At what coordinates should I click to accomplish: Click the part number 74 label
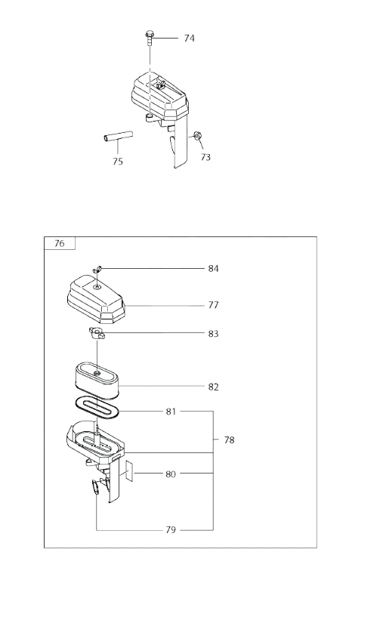[x=189, y=39]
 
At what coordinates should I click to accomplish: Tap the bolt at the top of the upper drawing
[x=149, y=39]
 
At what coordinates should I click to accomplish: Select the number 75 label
[x=118, y=162]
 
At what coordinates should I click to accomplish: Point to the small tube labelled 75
[x=118, y=137]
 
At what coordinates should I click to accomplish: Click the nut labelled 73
[x=197, y=136]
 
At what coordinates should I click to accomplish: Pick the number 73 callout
[x=205, y=157]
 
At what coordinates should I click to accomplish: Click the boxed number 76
[x=59, y=244]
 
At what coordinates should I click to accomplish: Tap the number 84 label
[x=214, y=269]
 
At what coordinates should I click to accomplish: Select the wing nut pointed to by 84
[x=97, y=270]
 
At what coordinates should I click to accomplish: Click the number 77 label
[x=214, y=305]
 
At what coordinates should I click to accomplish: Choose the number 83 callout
[x=214, y=334]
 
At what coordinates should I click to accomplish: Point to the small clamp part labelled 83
[x=97, y=334]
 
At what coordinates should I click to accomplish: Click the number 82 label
[x=214, y=387]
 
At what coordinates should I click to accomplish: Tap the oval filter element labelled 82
[x=97, y=380]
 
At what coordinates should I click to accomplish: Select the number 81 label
[x=171, y=412]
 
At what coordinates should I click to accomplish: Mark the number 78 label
[x=229, y=440]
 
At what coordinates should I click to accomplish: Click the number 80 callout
[x=171, y=474]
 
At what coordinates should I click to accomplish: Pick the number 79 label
[x=171, y=530]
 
